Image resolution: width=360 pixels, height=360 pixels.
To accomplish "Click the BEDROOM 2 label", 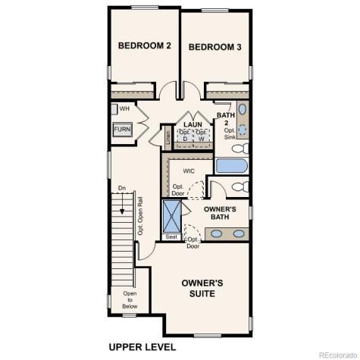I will coord(144,46).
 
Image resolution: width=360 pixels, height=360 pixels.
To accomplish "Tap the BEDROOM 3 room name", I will coord(214,46).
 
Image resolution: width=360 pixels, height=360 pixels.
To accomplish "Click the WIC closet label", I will coord(179,171).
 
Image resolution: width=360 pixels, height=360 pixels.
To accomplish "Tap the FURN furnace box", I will coord(122,130).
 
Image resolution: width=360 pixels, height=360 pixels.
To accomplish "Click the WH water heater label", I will coord(124,109).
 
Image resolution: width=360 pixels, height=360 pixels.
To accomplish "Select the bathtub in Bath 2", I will coord(231,165).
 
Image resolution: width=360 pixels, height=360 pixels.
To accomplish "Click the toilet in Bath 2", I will coord(240,147).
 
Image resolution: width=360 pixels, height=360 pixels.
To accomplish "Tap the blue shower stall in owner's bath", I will coord(173,217).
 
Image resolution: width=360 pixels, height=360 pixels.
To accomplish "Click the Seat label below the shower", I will coord(172,237).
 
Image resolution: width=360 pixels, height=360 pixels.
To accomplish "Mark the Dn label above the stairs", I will coord(121,187).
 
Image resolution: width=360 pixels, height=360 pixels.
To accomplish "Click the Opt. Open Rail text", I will coord(140,215).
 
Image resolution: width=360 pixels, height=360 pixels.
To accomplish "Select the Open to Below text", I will coord(130,300).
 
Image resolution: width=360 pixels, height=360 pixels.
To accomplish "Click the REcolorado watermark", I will coord(336,354).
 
